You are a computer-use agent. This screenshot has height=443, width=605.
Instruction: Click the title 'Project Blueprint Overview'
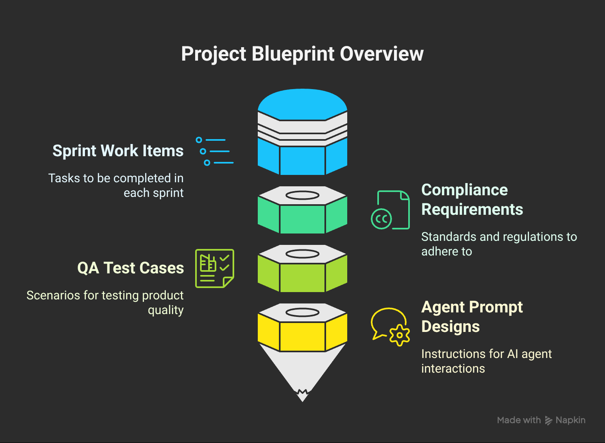(302, 54)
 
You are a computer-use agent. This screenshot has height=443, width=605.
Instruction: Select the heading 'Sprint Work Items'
(118, 151)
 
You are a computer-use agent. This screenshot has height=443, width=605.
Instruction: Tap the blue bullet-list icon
(214, 151)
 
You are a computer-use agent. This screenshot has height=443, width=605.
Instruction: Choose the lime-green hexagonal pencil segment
(302, 275)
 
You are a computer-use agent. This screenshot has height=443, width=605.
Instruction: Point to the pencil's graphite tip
(302, 395)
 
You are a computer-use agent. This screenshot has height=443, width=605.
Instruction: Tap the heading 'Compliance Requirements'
(472, 199)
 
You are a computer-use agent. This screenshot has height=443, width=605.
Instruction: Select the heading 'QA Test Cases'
(131, 268)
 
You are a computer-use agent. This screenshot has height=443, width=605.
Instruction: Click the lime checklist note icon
(214, 268)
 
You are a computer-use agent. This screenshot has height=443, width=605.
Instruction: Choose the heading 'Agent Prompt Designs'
(472, 316)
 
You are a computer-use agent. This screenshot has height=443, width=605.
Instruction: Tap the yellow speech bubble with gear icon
(390, 327)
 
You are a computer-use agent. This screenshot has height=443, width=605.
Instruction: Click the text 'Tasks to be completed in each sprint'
(116, 185)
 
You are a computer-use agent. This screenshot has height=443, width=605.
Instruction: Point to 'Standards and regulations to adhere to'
(498, 244)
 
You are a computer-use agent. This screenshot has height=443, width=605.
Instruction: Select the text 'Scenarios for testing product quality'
(105, 302)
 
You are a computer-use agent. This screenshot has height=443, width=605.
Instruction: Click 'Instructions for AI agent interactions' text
(486, 361)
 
